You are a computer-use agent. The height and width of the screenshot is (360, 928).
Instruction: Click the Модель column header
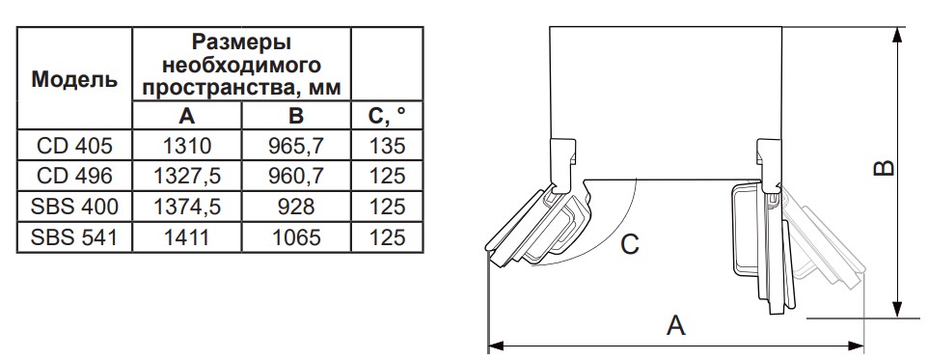pos(74,79)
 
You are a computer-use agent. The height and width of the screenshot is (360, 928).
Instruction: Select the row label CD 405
pos(74,145)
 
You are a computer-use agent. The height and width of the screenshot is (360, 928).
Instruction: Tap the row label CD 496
pos(74,176)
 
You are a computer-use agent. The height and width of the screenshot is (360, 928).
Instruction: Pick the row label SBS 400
pos(74,207)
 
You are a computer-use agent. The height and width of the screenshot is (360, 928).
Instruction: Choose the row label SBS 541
pos(74,237)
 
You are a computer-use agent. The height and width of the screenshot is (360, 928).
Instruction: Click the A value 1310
pos(186,145)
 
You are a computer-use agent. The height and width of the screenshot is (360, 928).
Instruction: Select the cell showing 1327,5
pos(186,176)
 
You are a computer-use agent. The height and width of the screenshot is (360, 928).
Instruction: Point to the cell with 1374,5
pos(186,207)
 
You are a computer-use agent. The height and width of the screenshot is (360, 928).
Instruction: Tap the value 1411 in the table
pos(186,237)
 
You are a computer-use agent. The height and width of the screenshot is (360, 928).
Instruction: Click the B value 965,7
pos(296,145)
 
